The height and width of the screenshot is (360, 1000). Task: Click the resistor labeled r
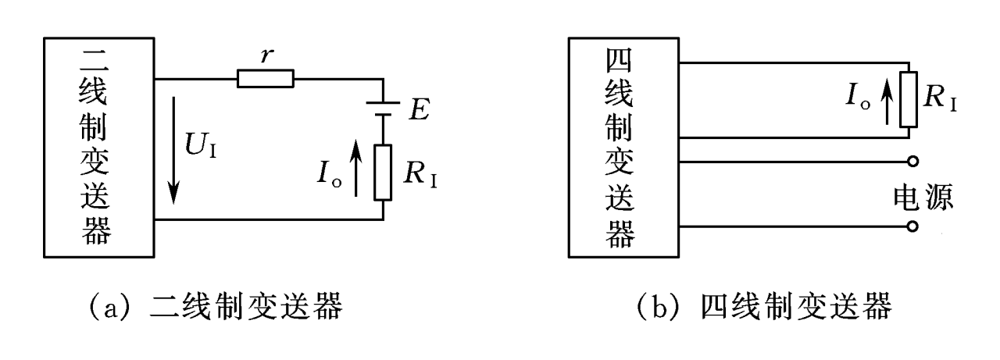[x=266, y=78]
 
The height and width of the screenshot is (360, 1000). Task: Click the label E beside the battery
[x=418, y=111]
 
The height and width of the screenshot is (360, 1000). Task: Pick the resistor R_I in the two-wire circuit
[x=383, y=172]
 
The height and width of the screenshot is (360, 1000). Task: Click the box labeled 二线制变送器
[x=98, y=144]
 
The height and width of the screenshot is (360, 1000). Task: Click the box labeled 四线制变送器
[x=623, y=144]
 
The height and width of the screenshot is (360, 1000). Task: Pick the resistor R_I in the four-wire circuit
[x=909, y=100]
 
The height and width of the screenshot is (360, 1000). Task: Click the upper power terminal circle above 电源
[x=911, y=162]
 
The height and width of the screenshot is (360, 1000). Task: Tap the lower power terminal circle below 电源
[x=911, y=227]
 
